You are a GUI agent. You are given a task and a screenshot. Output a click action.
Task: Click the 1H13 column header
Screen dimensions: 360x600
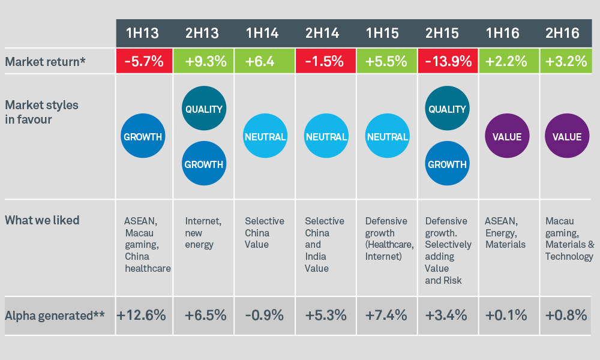pyautogui.click(x=143, y=34)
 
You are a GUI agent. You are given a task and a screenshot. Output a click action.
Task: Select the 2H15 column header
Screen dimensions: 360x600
pyautogui.click(x=448, y=34)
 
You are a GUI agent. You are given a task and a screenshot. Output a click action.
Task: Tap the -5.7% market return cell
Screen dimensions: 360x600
pyautogui.click(x=143, y=61)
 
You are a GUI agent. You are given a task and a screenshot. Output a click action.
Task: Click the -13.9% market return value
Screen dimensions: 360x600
pyautogui.click(x=448, y=61)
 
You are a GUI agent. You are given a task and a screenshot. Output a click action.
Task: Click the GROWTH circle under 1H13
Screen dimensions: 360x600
pyautogui.click(x=143, y=137)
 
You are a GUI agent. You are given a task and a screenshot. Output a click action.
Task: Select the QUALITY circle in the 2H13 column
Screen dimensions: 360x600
pyautogui.click(x=203, y=109)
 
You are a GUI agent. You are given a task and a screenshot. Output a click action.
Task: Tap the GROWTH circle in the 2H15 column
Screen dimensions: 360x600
pyautogui.click(x=447, y=164)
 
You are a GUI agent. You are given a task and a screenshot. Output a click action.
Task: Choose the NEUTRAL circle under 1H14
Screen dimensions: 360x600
pyautogui.click(x=265, y=137)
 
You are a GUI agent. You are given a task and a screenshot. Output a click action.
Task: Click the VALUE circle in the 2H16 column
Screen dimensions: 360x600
pyautogui.click(x=567, y=137)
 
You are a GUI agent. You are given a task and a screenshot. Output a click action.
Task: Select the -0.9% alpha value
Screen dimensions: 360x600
pyautogui.click(x=265, y=314)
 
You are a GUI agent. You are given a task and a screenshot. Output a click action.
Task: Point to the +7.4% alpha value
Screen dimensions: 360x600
pyautogui.click(x=386, y=314)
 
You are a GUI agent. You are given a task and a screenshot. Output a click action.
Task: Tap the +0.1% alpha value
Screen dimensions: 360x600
pyautogui.click(x=507, y=314)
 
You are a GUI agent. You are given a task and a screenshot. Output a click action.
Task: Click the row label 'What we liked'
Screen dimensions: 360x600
pyautogui.click(x=42, y=220)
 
